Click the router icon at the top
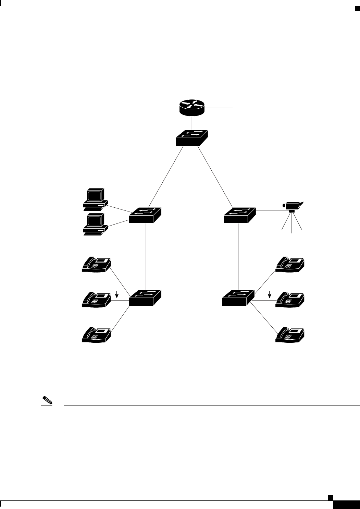point(192,108)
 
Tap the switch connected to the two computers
point(145,215)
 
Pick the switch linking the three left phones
point(145,298)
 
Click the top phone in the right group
point(290,264)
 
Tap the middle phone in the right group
point(290,299)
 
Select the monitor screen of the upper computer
point(95,195)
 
